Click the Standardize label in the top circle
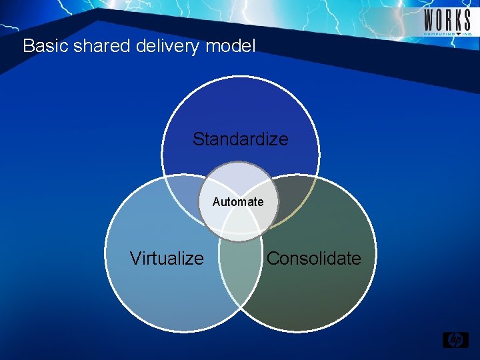240,139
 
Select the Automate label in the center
238,202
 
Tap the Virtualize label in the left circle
167,259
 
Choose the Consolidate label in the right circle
313,259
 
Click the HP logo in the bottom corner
456,340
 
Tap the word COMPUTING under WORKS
439,33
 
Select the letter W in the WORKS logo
429,18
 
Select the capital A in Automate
217,202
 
